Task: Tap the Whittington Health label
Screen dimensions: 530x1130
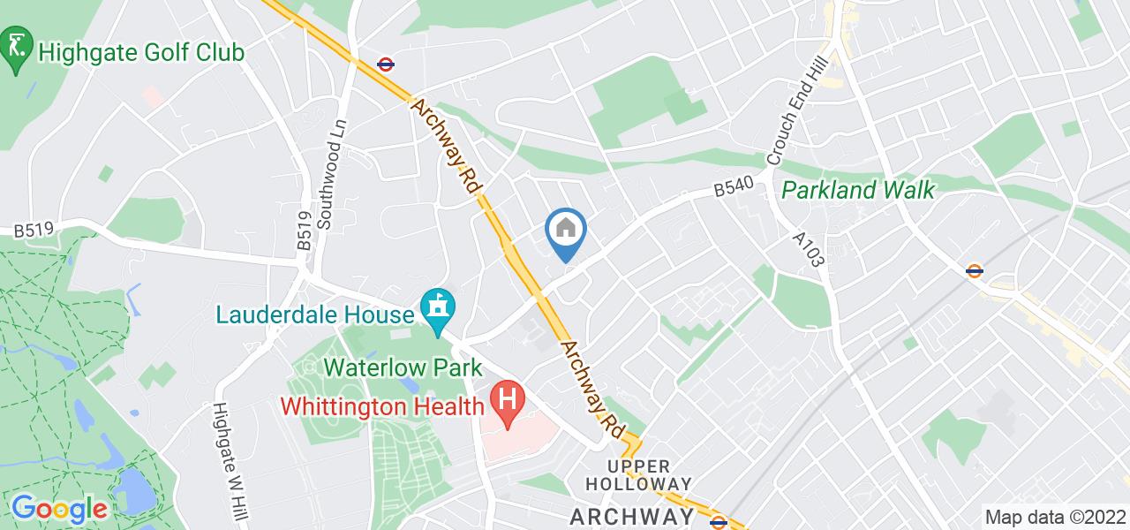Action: point(383,406)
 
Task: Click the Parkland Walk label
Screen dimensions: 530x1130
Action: point(858,190)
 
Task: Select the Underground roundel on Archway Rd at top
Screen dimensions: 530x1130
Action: point(384,64)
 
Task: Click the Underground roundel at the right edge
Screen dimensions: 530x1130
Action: point(976,271)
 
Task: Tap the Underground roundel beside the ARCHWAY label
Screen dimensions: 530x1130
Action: point(719,522)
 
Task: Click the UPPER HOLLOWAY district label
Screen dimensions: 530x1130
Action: point(638,474)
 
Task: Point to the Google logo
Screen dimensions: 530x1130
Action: point(58,509)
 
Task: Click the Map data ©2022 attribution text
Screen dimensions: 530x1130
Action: point(1054,518)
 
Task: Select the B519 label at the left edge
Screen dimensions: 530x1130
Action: point(34,231)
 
